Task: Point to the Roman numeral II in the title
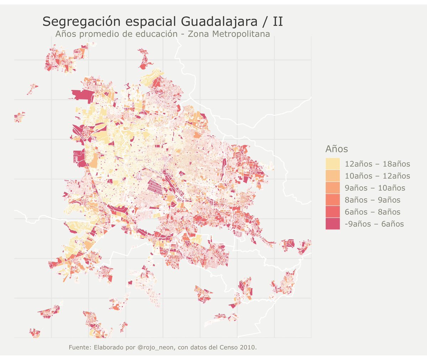(x=278, y=22)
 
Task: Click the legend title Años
(x=336, y=148)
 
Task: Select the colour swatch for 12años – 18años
(x=332, y=164)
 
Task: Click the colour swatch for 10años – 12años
(x=332, y=176)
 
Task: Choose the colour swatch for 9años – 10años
(x=332, y=188)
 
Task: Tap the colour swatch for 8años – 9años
(x=332, y=200)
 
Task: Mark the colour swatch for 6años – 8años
(x=332, y=212)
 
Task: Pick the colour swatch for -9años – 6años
(x=332, y=224)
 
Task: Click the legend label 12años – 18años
(x=377, y=164)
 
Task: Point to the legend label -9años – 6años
(x=374, y=224)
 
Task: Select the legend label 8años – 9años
(x=372, y=200)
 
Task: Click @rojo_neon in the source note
(x=155, y=347)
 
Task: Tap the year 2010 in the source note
(x=248, y=347)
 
